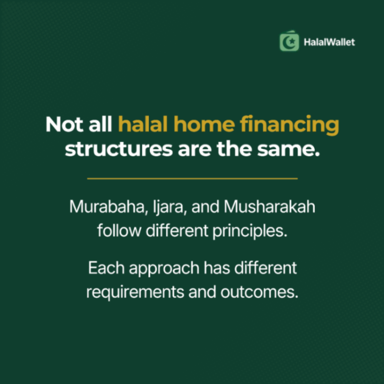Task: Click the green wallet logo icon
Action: pos(289,41)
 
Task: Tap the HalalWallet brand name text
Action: pos(329,42)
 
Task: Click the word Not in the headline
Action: pos(65,124)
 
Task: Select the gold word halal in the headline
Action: pos(143,124)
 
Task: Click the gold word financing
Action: pos(289,125)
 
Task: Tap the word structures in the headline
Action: pos(119,149)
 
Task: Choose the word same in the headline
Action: pos(288,150)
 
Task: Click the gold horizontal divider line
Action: pos(192,179)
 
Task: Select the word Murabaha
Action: pos(109,207)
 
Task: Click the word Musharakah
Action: pos(269,207)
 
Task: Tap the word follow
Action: pos(119,231)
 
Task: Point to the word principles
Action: pos(250,231)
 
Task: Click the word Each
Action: pos(107,268)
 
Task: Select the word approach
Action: pos(164,269)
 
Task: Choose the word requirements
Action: pos(135,293)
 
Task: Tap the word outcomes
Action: pos(260,292)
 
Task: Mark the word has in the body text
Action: pos(217,268)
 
